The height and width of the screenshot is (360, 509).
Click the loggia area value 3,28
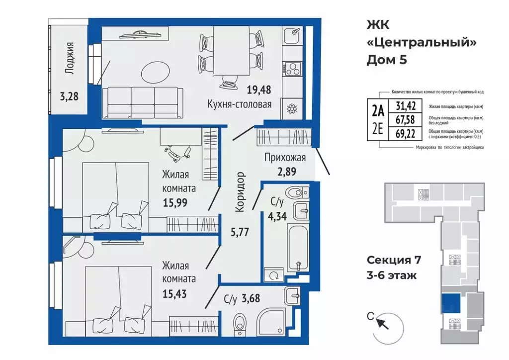(69, 96)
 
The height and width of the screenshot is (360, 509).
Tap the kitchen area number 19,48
(258, 90)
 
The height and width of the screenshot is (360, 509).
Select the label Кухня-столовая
(240, 104)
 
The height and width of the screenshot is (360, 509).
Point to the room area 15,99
(175, 202)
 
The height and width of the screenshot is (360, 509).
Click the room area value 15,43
(174, 294)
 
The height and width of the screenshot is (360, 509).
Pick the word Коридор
(240, 192)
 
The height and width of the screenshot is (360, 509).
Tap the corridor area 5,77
(240, 232)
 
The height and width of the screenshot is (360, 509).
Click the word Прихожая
(285, 158)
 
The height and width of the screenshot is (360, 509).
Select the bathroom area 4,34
(277, 216)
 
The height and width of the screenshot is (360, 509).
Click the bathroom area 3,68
(251, 298)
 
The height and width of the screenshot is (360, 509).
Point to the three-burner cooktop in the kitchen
(292, 69)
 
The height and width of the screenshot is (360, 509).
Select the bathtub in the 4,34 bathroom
(298, 248)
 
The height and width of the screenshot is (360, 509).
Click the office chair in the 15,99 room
(177, 154)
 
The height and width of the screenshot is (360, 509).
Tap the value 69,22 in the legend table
(405, 133)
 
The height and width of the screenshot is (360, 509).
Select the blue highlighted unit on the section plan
(451, 303)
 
